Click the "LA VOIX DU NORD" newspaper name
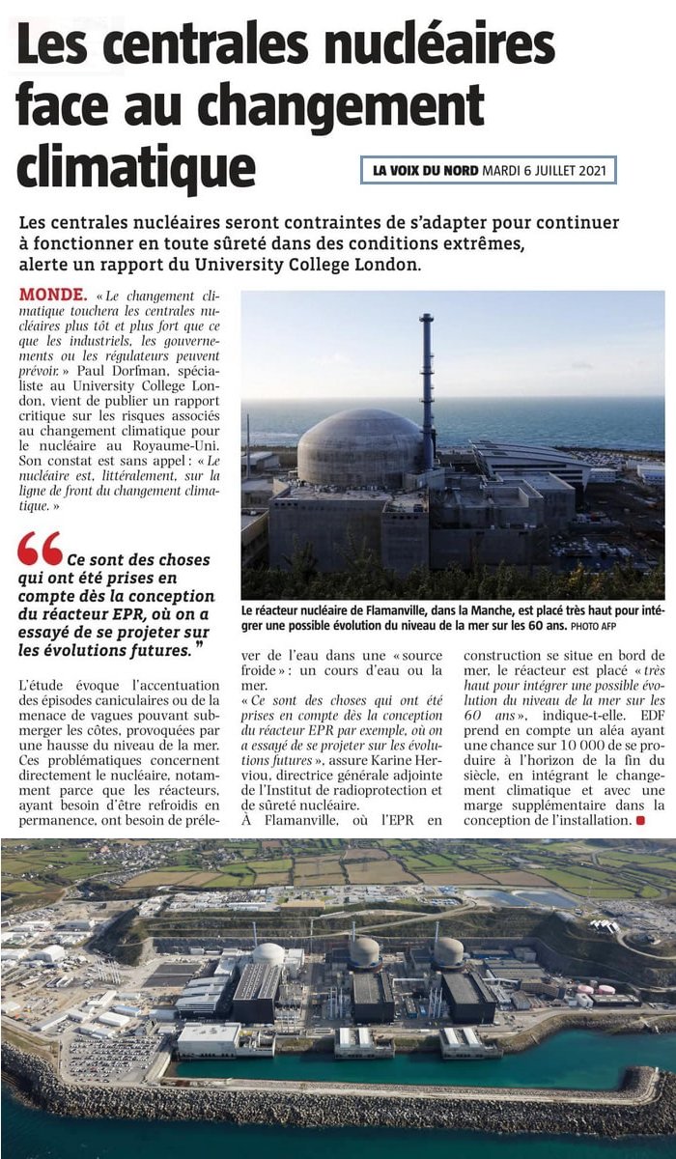pyautogui.click(x=425, y=171)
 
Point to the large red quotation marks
pyautogui.click(x=39, y=549)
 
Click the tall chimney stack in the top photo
pyautogui.click(x=426, y=386)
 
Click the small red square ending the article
pyautogui.click(x=637, y=821)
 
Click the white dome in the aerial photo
pyautogui.click(x=268, y=953)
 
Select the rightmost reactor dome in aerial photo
pyautogui.click(x=448, y=951)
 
